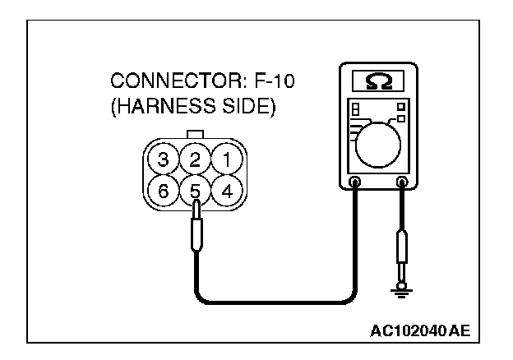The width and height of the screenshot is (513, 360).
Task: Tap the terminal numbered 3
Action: click(165, 158)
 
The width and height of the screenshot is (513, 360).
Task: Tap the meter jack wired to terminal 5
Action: click(355, 182)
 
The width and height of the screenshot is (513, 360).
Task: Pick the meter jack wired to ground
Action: click(403, 182)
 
